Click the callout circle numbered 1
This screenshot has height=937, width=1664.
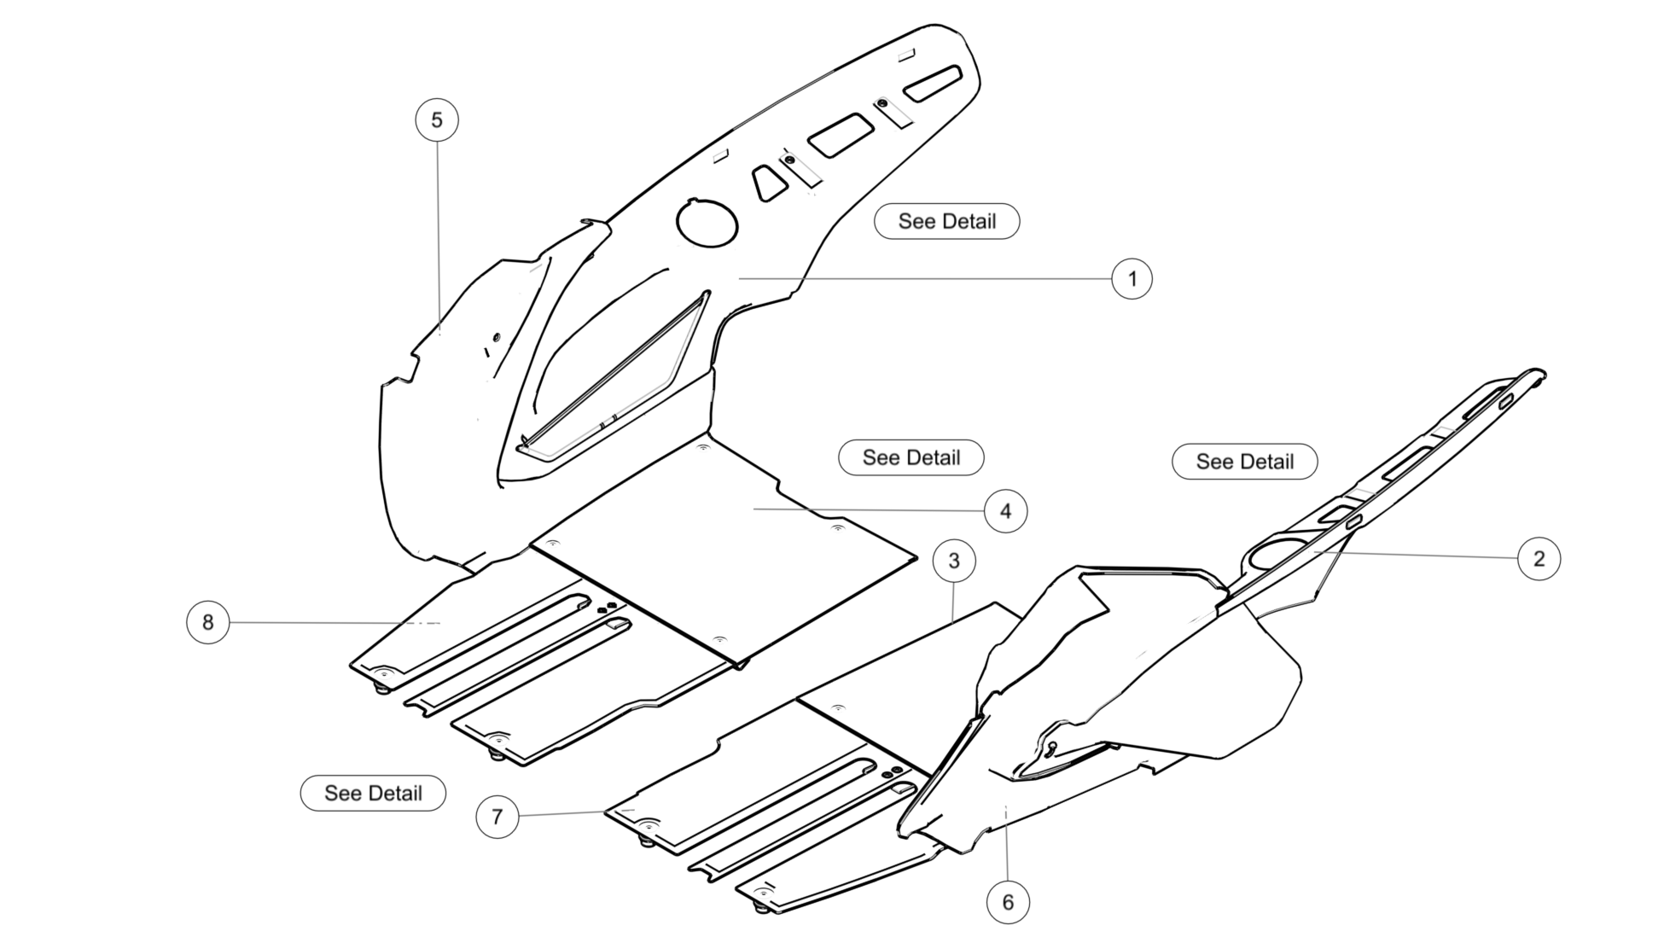(x=1132, y=279)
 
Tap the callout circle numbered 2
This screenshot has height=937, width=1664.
(x=1539, y=559)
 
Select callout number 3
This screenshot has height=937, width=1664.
(x=954, y=561)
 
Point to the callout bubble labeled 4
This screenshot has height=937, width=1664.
(x=1005, y=511)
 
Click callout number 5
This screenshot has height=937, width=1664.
(x=437, y=119)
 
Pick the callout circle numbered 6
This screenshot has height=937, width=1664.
(x=1008, y=902)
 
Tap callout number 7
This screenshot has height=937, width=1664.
(x=497, y=817)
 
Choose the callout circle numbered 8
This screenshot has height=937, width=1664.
(x=207, y=622)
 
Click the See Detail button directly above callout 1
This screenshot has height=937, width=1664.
(x=946, y=221)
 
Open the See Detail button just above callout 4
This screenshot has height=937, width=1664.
(x=911, y=457)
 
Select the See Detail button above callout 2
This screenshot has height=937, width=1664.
(x=1244, y=462)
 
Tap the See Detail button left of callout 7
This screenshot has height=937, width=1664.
(x=373, y=793)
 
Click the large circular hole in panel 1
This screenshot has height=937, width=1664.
(x=707, y=224)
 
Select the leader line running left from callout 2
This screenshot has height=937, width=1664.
(x=1417, y=556)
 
